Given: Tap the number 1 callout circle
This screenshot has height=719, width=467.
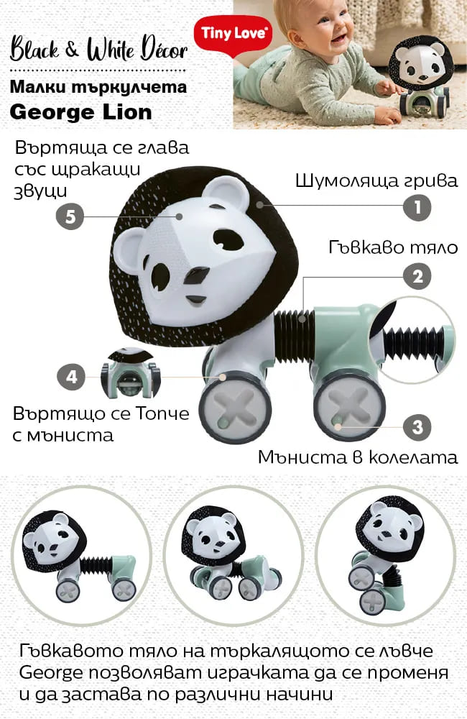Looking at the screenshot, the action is coord(417,207).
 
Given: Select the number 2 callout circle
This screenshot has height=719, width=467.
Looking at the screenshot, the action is coord(417,277).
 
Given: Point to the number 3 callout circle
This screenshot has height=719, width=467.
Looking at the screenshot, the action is coord(417,427).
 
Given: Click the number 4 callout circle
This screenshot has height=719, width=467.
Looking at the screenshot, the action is coord(72,377).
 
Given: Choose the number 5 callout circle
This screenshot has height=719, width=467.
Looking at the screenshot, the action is coord(70,216).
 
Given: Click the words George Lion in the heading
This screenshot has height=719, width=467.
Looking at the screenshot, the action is coord(80,112).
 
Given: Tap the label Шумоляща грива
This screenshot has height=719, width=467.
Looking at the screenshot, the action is coord(376,180).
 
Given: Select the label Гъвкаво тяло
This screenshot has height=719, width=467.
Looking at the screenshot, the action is coord(393,247).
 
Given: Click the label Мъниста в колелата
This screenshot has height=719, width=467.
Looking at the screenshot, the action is coord(358,457).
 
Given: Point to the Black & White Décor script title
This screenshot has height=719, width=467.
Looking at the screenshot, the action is coord(98,49).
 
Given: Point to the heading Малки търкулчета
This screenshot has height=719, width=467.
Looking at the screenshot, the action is coord(98,87).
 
